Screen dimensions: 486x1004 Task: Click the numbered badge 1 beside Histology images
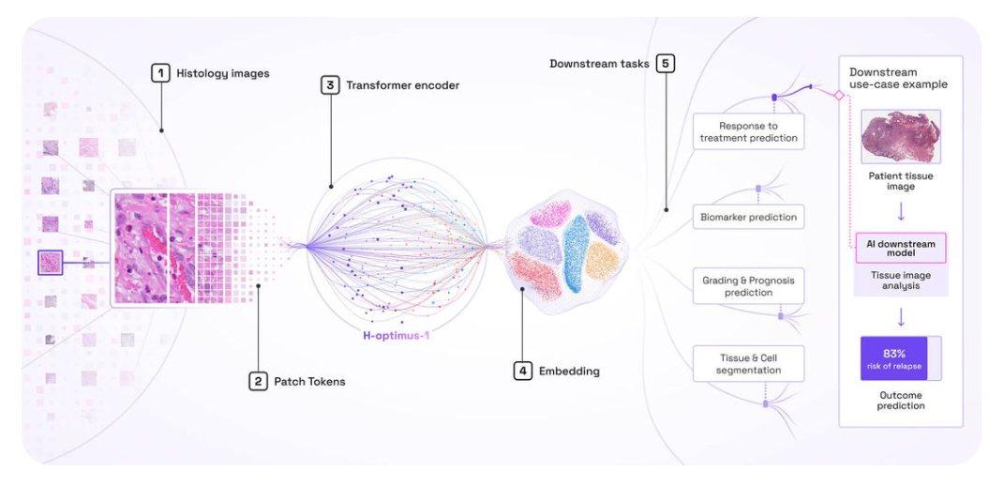(161, 72)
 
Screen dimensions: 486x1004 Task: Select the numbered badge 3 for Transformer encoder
(330, 84)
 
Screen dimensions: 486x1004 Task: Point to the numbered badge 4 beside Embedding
(522, 371)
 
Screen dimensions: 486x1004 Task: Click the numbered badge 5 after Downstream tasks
(666, 64)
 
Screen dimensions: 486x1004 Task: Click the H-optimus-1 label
(401, 335)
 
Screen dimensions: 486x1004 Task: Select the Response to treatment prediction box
(748, 132)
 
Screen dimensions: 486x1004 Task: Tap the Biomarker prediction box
(748, 217)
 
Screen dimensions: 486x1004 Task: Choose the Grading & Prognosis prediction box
(748, 286)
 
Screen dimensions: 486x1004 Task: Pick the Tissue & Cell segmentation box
(748, 364)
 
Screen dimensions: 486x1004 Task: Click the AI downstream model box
(900, 249)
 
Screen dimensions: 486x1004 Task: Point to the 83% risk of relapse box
(894, 358)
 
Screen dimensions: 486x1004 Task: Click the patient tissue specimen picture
(900, 136)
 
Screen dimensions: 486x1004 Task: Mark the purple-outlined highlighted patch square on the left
(51, 263)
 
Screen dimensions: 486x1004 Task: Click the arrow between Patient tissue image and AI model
(900, 210)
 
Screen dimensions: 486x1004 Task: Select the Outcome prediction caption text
(900, 400)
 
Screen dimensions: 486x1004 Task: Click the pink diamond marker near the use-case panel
(839, 95)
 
